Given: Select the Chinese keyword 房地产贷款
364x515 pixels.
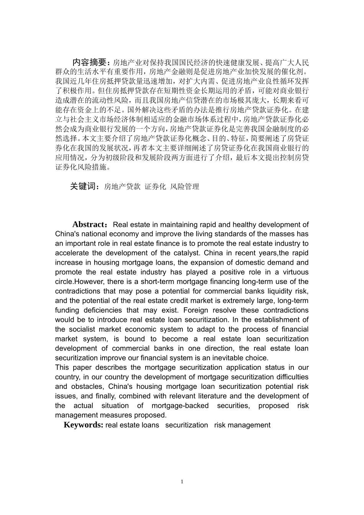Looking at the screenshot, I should point(122,187).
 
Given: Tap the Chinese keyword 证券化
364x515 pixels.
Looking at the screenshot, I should point(155,187).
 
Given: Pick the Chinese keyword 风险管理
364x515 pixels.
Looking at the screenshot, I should point(185,187).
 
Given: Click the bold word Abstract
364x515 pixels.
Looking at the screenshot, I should point(88,225).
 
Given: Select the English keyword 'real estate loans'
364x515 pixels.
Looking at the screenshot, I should point(132,425).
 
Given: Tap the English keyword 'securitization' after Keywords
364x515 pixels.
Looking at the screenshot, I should point(187,425).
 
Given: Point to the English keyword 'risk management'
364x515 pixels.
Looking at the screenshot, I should point(242,425).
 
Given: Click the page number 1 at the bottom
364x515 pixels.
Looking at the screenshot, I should point(182,482).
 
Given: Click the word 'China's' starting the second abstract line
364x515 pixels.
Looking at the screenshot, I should point(67,234).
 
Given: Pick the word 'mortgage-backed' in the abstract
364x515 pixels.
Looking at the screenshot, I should point(180,406).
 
